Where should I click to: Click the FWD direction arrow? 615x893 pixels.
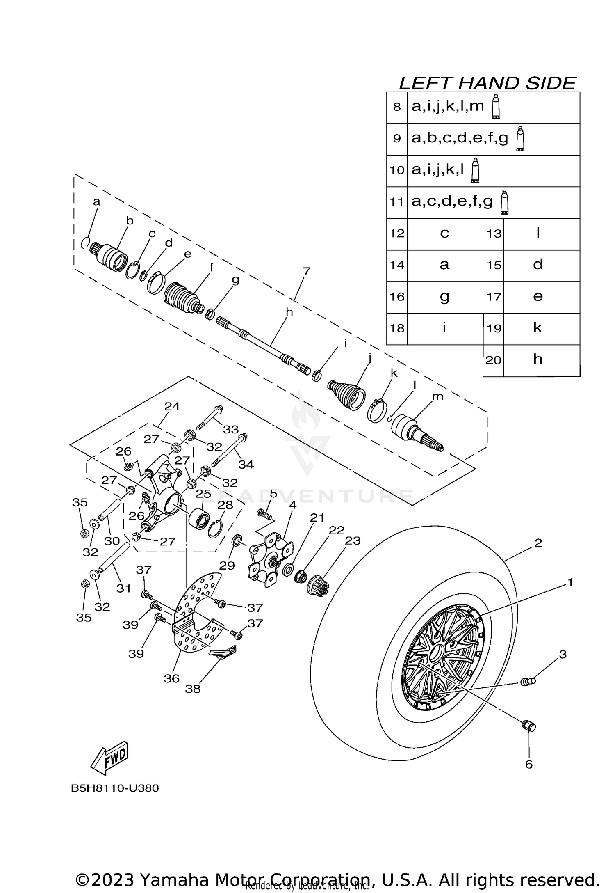(x=109, y=759)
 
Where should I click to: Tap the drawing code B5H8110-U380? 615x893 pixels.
(x=115, y=788)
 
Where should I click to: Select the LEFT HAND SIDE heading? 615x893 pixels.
(x=487, y=83)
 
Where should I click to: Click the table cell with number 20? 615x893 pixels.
(x=493, y=360)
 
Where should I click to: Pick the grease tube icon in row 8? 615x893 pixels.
(x=496, y=107)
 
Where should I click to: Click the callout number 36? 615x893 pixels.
(x=171, y=678)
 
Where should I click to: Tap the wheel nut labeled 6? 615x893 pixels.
(x=529, y=726)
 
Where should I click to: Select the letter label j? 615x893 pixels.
(x=369, y=357)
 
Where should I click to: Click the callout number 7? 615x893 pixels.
(x=306, y=271)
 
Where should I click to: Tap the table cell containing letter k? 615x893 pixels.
(x=538, y=328)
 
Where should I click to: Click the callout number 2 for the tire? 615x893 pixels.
(x=538, y=543)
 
